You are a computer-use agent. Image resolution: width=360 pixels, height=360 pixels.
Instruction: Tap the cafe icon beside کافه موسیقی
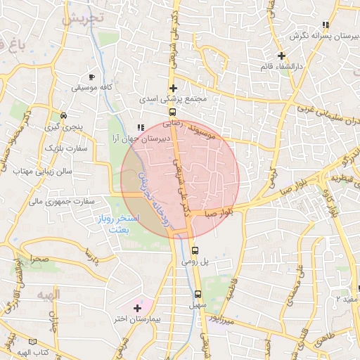(91, 77)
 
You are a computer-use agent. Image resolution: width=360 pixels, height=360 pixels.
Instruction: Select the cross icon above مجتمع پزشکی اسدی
(173, 88)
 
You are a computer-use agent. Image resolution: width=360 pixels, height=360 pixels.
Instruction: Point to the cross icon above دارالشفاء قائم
(281, 55)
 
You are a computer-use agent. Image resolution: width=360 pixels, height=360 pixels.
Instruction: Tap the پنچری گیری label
(63, 127)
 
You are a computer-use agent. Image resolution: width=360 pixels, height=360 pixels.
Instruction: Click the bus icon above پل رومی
(195, 250)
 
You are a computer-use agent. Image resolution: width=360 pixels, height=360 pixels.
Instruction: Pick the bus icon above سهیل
(198, 294)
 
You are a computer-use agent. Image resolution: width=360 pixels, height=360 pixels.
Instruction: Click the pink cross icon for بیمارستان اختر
(137, 308)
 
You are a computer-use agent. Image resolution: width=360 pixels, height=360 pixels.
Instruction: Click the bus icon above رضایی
(172, 111)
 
